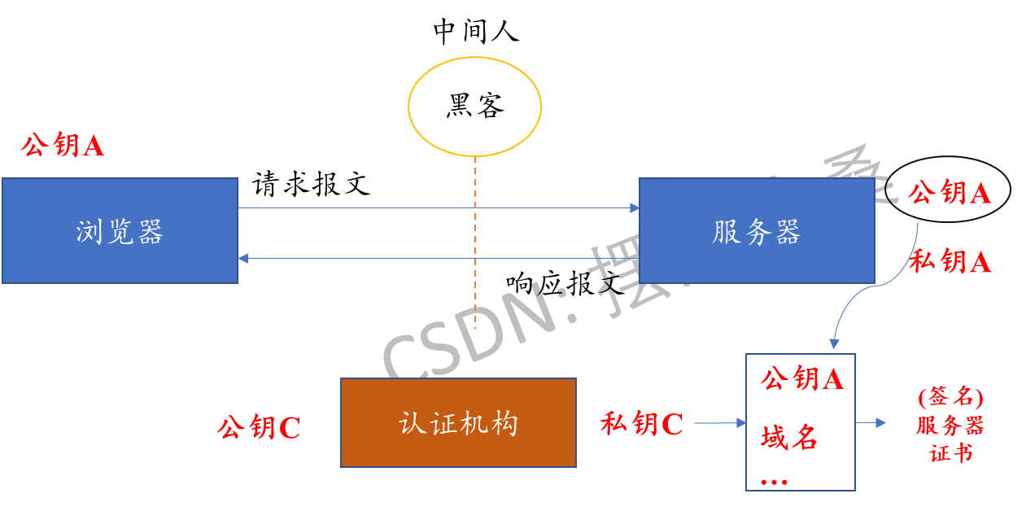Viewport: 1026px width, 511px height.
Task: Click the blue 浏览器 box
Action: click(120, 231)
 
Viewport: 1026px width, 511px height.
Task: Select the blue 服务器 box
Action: click(757, 231)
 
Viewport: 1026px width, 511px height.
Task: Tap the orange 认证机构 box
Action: click(458, 422)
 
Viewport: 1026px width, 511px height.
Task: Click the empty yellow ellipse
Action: click(474, 106)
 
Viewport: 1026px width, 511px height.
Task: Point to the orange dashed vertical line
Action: click(475, 244)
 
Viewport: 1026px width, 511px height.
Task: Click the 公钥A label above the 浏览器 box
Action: click(63, 146)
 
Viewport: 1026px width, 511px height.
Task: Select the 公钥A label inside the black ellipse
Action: click(949, 192)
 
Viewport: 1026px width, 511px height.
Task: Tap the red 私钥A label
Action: click(950, 261)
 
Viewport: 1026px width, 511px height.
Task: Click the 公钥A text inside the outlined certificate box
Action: click(801, 378)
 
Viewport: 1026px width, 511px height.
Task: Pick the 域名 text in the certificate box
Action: click(788, 438)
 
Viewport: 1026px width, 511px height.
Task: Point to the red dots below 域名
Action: click(774, 482)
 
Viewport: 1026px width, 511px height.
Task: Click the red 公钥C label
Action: click(258, 427)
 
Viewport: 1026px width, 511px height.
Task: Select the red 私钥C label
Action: click(641, 423)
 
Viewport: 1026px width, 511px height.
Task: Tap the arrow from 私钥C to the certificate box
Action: click(719, 423)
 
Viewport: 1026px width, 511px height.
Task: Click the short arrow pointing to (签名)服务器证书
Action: click(871, 422)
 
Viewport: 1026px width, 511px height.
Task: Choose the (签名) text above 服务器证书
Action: click(950, 397)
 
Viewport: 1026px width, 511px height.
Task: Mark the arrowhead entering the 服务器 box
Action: click(634, 208)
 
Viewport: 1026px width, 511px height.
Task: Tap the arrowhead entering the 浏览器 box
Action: click(243, 258)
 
